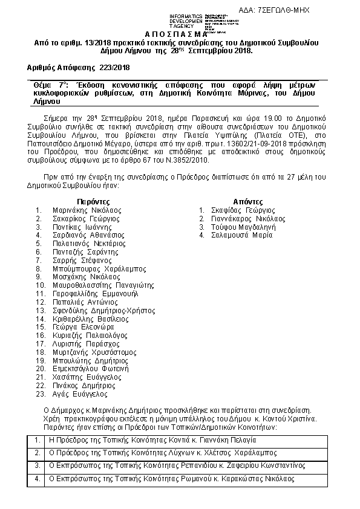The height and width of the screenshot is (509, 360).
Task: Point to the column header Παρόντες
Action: [x=93, y=201]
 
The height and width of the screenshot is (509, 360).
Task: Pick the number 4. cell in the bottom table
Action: [x=38, y=478]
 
